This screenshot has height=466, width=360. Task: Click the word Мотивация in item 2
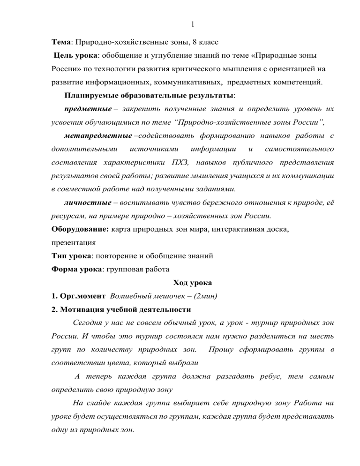[82, 309]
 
